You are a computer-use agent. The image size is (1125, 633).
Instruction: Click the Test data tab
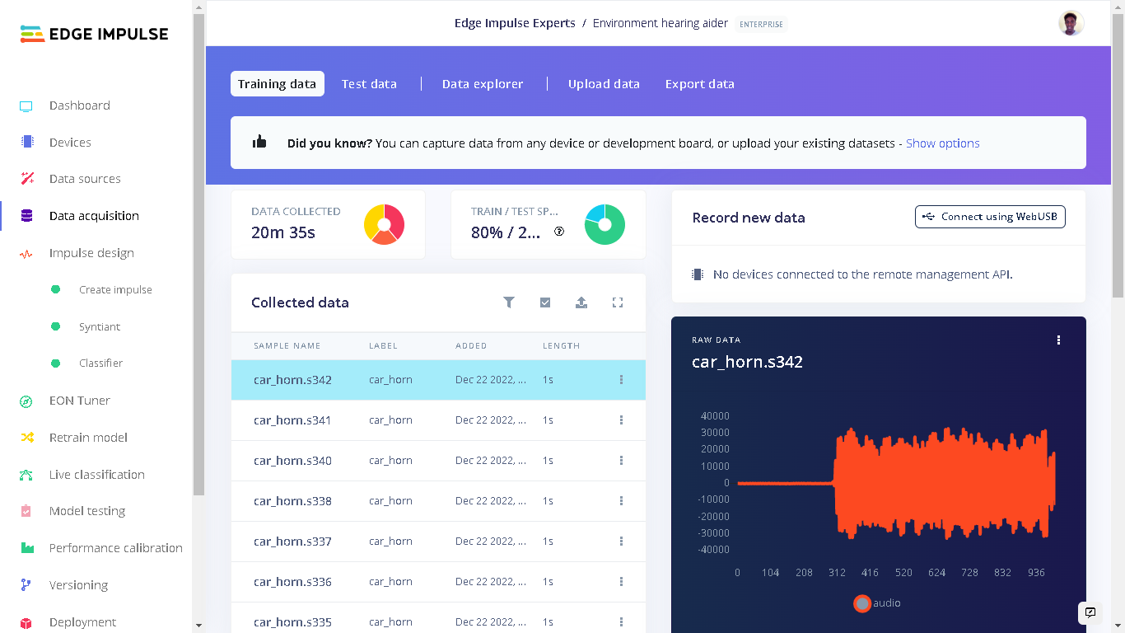click(369, 84)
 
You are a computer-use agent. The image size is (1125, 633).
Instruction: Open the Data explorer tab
click(483, 84)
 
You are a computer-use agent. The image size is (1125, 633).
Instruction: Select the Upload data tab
click(604, 84)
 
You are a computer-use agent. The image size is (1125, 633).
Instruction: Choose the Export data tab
click(699, 84)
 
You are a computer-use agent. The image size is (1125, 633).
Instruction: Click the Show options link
click(942, 143)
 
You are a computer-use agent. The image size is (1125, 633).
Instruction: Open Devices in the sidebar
click(70, 143)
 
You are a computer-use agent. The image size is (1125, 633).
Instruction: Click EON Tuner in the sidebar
click(79, 401)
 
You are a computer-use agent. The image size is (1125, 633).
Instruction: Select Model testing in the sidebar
click(87, 511)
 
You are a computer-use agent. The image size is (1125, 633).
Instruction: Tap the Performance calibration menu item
click(115, 548)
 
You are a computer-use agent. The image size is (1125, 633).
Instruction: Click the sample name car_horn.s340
click(292, 461)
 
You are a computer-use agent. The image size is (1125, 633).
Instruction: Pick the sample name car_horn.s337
click(292, 542)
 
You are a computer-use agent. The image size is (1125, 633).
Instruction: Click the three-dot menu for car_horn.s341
click(621, 420)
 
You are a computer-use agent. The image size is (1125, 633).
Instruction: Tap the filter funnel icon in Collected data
click(509, 302)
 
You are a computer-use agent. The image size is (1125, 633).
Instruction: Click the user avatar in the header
click(1071, 23)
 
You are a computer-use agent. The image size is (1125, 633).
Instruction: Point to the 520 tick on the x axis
click(903, 573)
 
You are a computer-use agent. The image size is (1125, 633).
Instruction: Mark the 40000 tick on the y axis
click(714, 416)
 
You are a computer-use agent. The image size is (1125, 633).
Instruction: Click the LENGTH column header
click(561, 346)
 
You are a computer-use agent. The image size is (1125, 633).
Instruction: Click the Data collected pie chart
click(384, 224)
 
